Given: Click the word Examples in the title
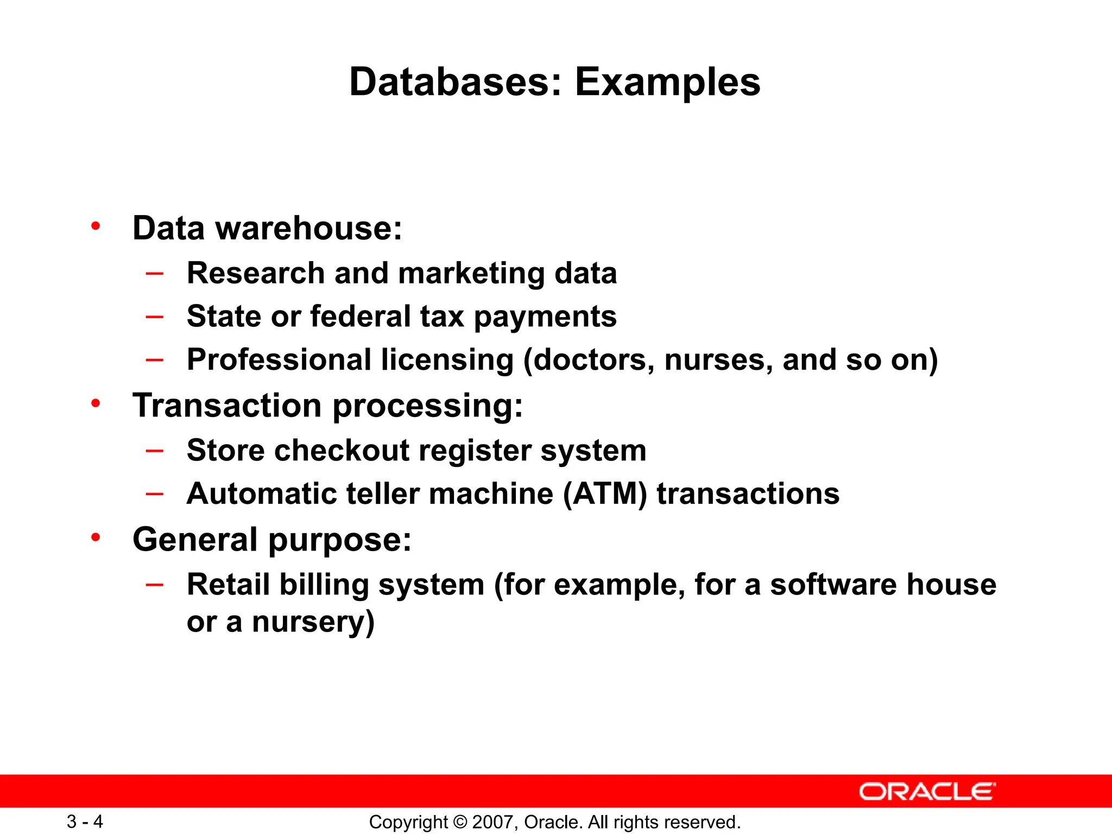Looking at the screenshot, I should point(667,83).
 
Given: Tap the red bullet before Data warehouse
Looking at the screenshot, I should point(96,226).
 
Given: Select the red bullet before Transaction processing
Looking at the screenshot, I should point(96,403).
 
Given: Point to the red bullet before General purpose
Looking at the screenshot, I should point(96,538).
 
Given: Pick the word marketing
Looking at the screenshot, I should point(471,273).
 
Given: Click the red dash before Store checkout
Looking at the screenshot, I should point(155,450).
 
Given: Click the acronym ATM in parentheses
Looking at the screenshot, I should point(605,494).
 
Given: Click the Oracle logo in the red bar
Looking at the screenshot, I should point(927,792).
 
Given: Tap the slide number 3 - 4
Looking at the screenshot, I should point(85,822).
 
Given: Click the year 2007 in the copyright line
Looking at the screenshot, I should point(490,822).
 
